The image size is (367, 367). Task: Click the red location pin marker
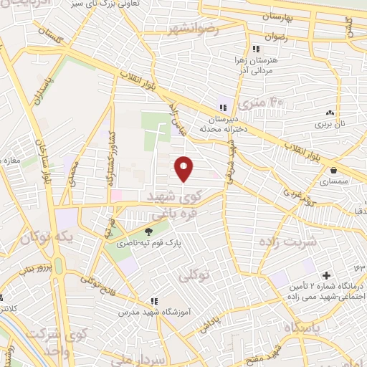click(x=185, y=168)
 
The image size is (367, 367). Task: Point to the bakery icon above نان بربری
click(x=330, y=113)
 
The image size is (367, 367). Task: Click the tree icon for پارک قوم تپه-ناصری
click(x=149, y=232)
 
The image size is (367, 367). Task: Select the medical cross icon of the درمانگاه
click(x=326, y=275)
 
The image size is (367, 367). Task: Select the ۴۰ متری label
click(x=263, y=105)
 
